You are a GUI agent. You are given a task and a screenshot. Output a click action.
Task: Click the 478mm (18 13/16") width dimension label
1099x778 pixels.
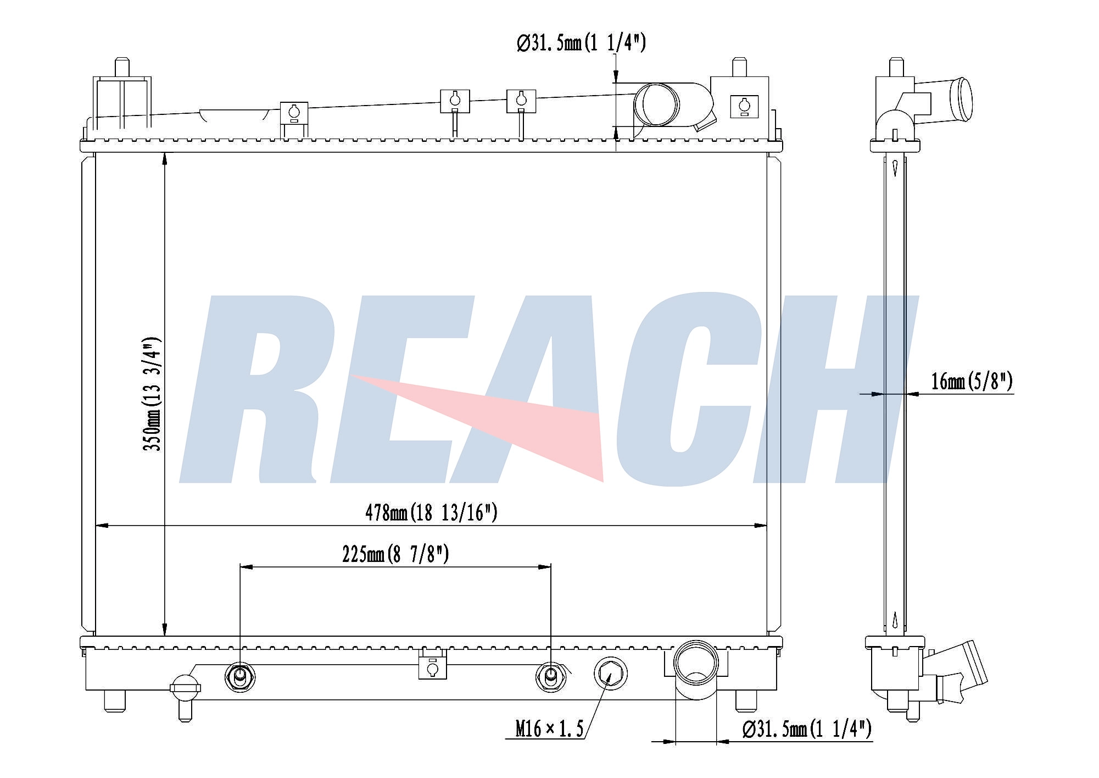431,512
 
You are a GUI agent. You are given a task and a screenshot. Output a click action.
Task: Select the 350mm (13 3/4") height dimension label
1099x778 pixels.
152,394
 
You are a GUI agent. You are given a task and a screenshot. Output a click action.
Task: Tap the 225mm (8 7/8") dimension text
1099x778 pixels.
395,555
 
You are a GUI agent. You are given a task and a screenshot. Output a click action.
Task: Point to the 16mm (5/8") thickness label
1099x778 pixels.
972,380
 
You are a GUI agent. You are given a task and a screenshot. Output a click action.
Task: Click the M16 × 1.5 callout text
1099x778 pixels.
549,729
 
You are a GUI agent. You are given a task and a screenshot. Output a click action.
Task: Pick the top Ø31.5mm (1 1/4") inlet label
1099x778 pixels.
581,43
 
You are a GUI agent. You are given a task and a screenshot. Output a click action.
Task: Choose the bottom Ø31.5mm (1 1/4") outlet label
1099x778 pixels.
807,729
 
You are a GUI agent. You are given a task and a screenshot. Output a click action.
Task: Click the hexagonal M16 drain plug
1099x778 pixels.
611,673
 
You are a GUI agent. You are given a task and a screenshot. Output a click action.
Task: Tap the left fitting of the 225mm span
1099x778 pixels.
240,676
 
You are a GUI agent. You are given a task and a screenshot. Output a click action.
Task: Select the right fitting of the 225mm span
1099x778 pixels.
551,676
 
